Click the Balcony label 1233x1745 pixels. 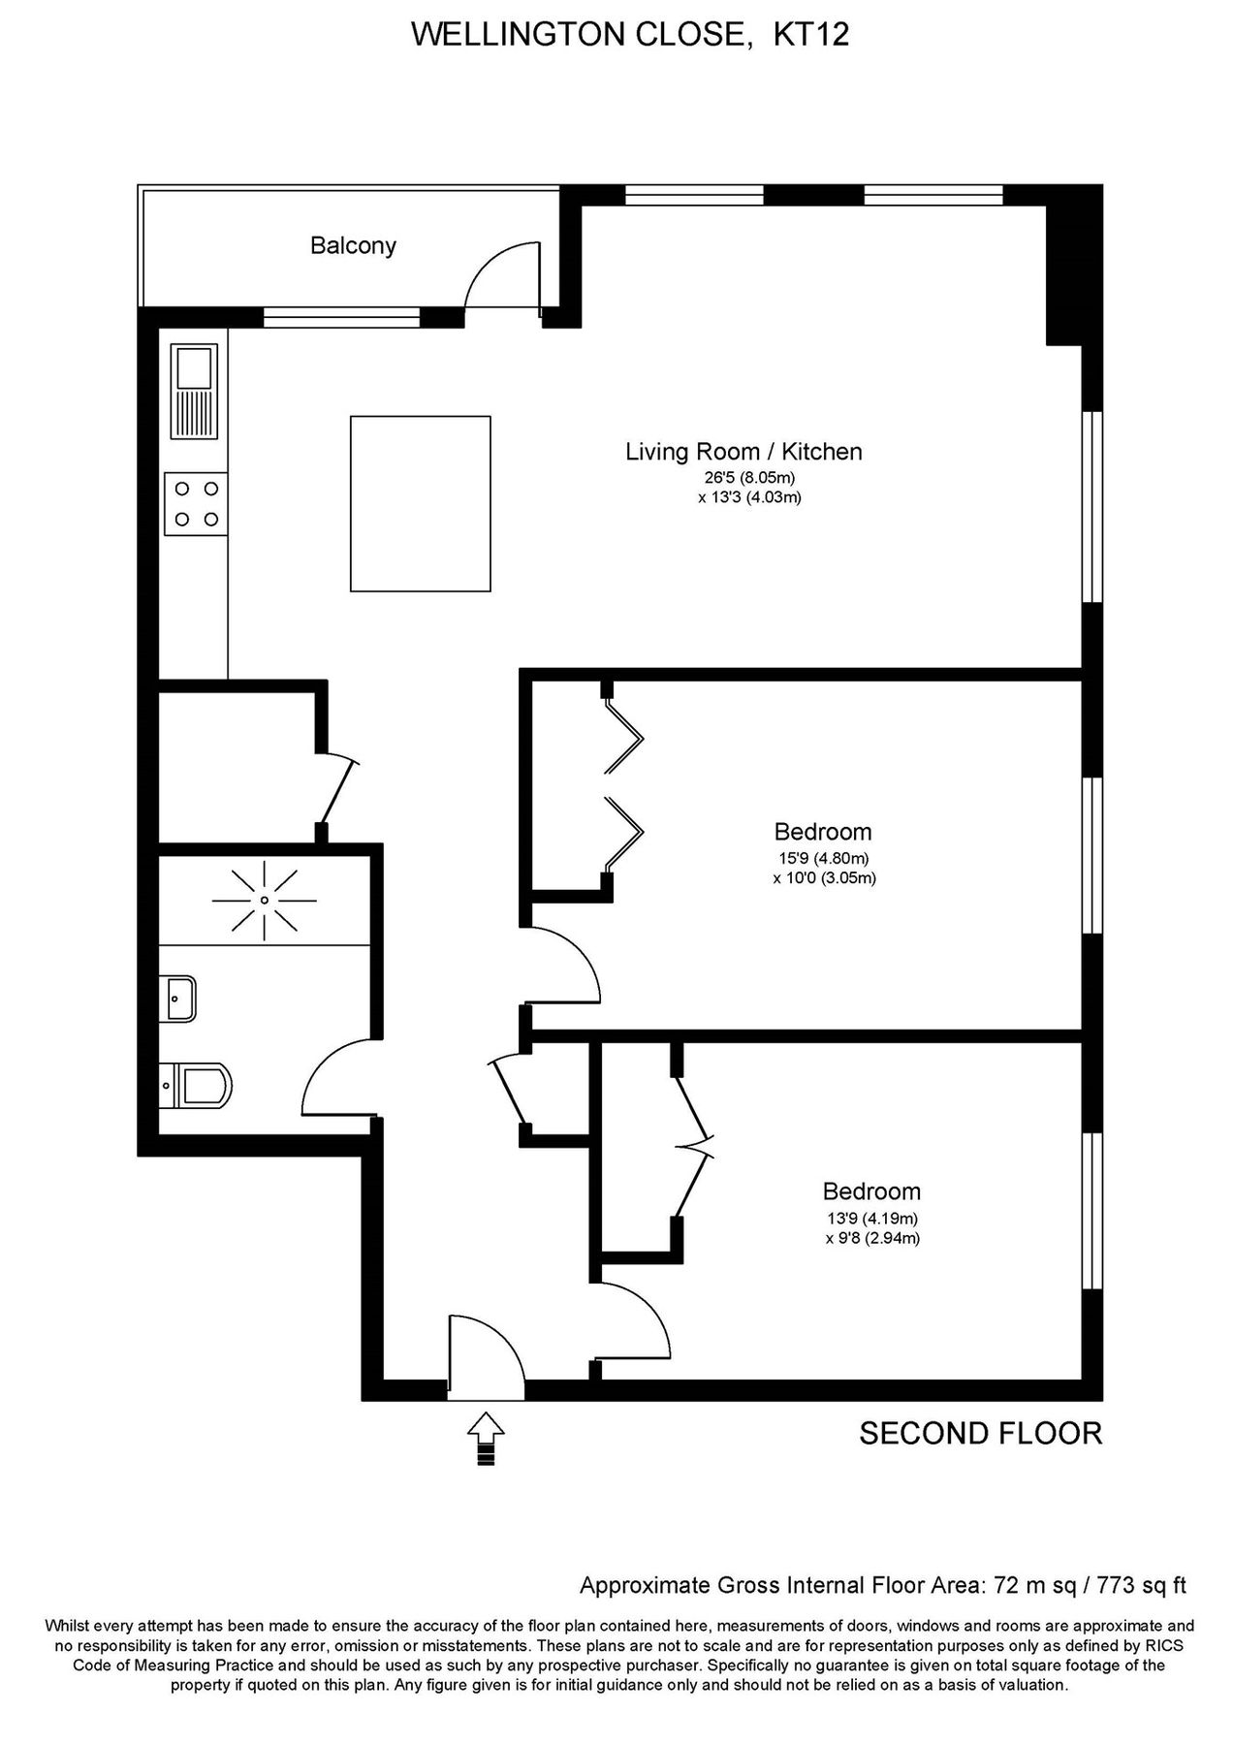coord(353,245)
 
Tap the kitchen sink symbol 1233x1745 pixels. coord(195,391)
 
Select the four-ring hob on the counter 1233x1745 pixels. coord(195,503)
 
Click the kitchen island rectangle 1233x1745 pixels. coord(420,503)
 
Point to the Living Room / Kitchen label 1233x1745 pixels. coord(743,451)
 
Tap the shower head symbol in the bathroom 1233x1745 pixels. coord(264,901)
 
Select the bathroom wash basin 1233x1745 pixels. coord(180,999)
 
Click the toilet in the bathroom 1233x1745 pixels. coord(198,1085)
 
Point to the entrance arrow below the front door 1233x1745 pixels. coord(487,1438)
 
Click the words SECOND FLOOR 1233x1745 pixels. coord(980,1433)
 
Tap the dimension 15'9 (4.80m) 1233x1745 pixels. coord(824,858)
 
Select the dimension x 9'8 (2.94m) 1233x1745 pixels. coord(872,1238)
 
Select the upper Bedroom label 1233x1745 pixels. coord(822,831)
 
